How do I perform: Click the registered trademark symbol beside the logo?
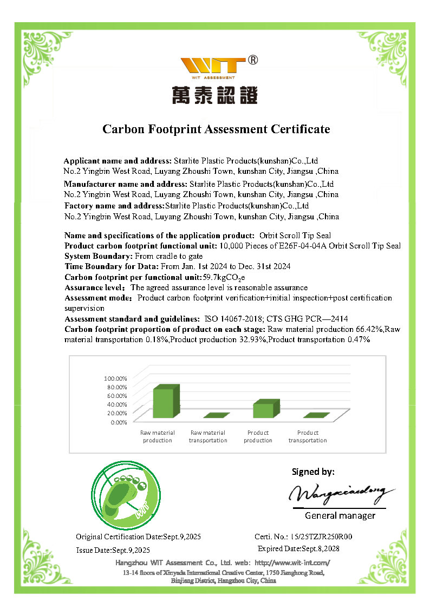252,60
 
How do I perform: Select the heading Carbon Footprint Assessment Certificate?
216,129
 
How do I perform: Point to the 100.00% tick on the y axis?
115,378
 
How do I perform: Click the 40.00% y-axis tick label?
115,404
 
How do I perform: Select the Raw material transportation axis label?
208,436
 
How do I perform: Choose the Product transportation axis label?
308,436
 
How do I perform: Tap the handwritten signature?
337,493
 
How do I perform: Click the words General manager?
340,515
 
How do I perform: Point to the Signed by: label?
313,472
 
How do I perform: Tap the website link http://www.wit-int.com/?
292,563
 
